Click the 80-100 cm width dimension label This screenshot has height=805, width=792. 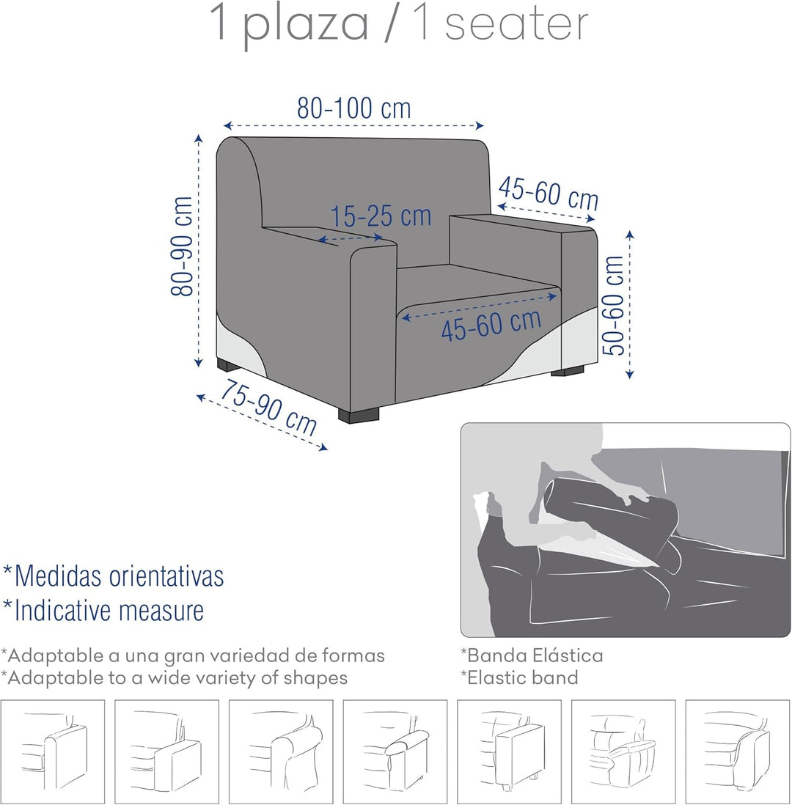(354, 109)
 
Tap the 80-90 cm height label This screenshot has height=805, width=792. (182, 246)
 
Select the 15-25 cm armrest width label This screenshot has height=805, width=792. (380, 216)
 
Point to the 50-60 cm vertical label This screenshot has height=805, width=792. (613, 305)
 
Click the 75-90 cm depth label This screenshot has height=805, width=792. (268, 408)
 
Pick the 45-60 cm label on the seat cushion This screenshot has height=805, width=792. (491, 325)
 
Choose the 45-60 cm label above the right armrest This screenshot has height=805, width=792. (549, 193)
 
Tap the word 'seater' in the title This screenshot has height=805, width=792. (516, 24)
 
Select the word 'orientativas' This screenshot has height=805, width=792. (167, 576)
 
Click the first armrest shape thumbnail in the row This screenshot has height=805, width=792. (52, 751)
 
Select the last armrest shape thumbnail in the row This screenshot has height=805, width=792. (738, 751)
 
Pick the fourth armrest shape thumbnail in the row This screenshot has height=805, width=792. (395, 751)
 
